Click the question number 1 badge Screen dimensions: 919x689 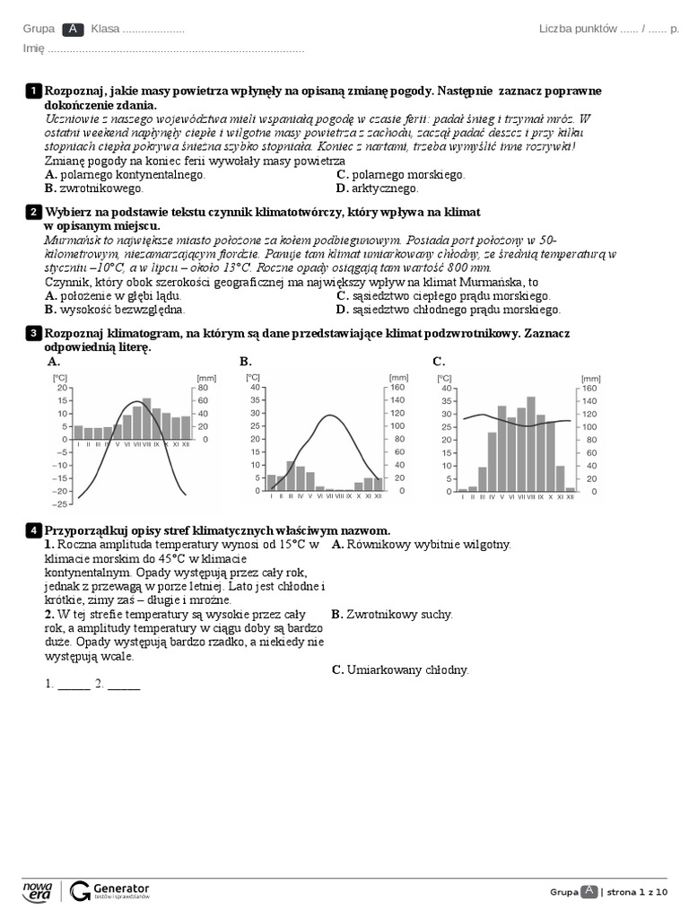(x=32, y=91)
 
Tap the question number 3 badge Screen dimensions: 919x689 (x=32, y=333)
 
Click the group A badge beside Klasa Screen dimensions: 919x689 (x=74, y=30)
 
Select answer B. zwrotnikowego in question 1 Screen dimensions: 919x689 (x=93, y=188)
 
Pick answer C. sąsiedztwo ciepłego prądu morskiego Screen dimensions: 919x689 (x=443, y=295)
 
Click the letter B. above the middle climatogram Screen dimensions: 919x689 (x=246, y=361)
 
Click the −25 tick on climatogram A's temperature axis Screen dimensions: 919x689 (x=61, y=504)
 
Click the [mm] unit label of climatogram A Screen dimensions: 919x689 (x=206, y=377)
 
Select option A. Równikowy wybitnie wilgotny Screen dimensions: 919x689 (x=421, y=544)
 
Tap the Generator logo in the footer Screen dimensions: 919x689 (x=109, y=890)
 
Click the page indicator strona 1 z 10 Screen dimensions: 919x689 (x=639, y=891)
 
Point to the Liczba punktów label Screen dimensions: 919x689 (x=577, y=29)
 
